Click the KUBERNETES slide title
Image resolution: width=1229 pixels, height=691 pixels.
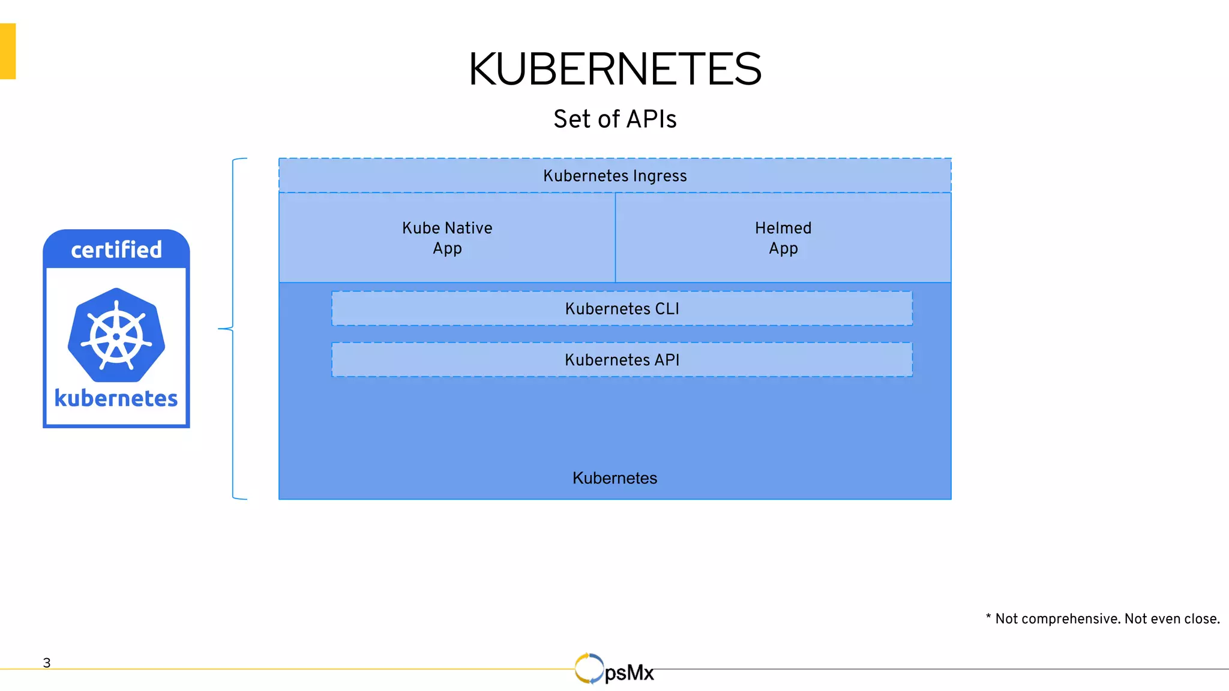point(614,69)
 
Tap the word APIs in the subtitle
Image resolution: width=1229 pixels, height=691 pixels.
point(652,119)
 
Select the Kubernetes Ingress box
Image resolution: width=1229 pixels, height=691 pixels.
point(614,176)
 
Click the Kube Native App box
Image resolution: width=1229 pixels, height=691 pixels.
point(447,238)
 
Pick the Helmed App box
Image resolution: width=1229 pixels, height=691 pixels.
point(783,238)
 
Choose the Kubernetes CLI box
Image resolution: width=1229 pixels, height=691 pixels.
point(622,309)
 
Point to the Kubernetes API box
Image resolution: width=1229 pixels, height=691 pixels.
point(622,360)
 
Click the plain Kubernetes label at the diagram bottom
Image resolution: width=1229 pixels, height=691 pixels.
point(614,478)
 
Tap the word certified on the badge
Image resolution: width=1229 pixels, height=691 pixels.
point(116,250)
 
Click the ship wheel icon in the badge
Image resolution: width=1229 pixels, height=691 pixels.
point(116,335)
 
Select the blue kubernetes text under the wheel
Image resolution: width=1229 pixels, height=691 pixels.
point(116,398)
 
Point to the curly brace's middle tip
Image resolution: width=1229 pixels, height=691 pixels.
point(220,329)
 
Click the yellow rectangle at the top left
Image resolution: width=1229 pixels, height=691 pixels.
point(7,51)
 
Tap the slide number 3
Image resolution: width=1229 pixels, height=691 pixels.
point(47,663)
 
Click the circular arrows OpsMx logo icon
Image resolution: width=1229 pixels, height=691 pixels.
point(589,668)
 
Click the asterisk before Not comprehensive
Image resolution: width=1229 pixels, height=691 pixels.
point(988,617)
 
